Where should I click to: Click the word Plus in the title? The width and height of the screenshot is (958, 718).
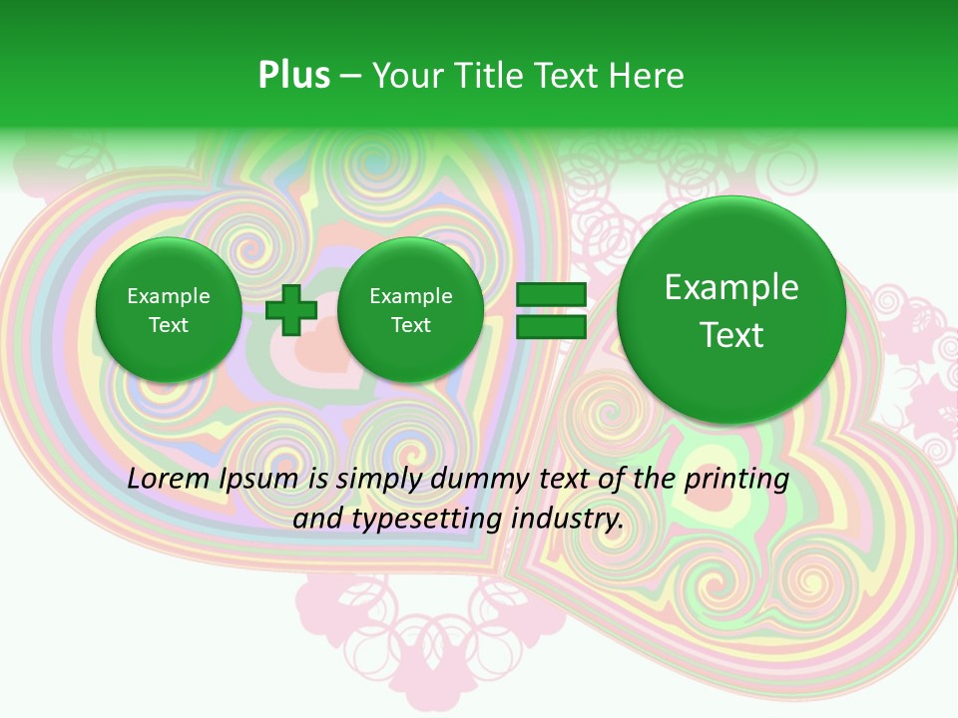point(293,75)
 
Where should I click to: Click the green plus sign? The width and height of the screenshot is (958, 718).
point(291,310)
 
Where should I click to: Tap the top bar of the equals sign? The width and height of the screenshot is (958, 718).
point(550,294)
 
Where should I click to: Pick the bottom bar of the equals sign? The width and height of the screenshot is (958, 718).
point(550,326)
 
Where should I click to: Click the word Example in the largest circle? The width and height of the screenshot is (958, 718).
point(731,287)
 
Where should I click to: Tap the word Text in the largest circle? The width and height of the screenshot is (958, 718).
point(731,335)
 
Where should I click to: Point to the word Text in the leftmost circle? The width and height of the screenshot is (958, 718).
point(169,325)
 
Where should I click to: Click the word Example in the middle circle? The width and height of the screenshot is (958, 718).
point(410,296)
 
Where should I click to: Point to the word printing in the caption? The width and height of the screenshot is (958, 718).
point(736,479)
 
